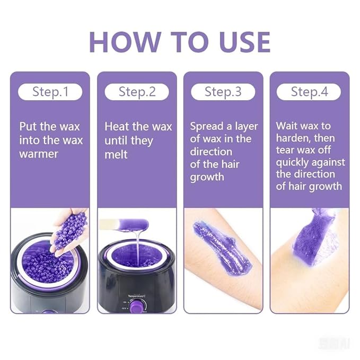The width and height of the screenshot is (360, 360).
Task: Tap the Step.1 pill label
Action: click(x=50, y=91)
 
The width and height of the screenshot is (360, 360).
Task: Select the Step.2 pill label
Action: click(x=137, y=91)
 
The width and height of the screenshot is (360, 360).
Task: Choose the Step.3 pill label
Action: click(x=223, y=91)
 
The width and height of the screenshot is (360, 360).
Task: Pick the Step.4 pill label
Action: click(x=309, y=91)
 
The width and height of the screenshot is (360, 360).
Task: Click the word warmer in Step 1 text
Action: click(x=39, y=154)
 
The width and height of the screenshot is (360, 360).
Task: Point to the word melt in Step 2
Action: click(x=116, y=155)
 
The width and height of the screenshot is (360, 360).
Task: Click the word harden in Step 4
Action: click(x=295, y=138)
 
